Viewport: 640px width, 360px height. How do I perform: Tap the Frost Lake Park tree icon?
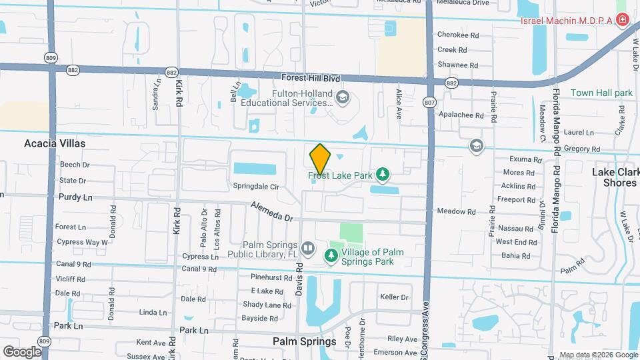point(383,175)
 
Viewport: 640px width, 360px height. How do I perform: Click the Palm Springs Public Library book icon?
point(307,249)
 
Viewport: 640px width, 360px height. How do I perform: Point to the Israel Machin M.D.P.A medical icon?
point(623,20)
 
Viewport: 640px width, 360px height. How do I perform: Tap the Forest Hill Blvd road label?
point(311,78)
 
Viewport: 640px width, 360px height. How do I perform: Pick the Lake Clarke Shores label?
point(614,177)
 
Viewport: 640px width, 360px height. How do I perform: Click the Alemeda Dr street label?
point(272,212)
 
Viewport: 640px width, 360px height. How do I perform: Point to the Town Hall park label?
point(601,93)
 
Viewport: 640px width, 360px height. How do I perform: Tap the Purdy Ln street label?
point(75,197)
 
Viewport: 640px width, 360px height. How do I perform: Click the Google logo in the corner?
point(22,351)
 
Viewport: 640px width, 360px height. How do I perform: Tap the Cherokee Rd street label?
point(458,35)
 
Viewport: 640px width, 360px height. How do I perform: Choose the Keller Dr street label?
point(393,297)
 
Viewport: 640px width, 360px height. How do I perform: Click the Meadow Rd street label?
point(456,212)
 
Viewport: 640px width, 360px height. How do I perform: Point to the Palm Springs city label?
point(304,341)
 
